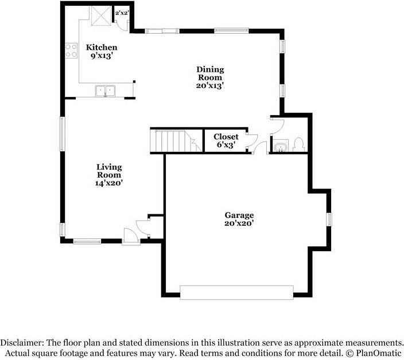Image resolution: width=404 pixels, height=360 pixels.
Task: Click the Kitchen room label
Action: tap(102, 48)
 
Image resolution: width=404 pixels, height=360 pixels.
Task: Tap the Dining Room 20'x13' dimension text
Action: tap(209, 85)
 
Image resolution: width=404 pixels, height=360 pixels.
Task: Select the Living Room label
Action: tap(109, 171)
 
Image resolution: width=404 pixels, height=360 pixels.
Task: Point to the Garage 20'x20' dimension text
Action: tap(239, 223)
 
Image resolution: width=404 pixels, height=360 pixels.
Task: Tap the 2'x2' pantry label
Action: tap(122, 13)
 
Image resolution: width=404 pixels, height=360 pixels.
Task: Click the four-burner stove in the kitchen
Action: tap(71, 50)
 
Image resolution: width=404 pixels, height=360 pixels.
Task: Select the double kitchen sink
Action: tap(106, 91)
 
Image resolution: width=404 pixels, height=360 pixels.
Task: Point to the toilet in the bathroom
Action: tap(299, 144)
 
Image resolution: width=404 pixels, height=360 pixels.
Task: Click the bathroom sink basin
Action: tap(280, 147)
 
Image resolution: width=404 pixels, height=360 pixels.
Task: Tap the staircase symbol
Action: tap(176, 141)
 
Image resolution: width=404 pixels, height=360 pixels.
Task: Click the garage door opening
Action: tap(236, 292)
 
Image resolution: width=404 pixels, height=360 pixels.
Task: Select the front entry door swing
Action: tap(131, 236)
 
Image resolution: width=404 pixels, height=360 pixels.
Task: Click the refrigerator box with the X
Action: tap(101, 16)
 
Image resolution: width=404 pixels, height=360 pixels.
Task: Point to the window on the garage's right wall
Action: tap(329, 220)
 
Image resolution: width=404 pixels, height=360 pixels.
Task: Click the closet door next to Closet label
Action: tap(252, 141)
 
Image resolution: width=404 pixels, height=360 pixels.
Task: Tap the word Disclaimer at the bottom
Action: tap(22, 343)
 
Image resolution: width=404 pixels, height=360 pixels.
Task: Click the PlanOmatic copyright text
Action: tap(374, 353)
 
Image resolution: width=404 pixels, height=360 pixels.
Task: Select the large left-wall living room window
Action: tap(62, 134)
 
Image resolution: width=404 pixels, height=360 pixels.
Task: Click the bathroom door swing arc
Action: tap(277, 126)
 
